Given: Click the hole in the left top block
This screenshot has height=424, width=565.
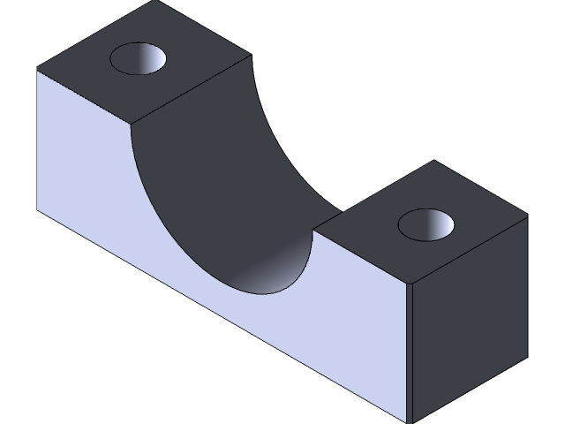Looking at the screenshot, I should (139, 59).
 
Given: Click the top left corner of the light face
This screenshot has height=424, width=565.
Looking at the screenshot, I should (37, 71).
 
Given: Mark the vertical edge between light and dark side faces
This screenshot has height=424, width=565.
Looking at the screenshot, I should (410, 353).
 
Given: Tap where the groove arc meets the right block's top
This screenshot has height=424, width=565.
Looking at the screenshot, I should (314, 231).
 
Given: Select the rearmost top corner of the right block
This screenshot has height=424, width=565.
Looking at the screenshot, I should (433, 161).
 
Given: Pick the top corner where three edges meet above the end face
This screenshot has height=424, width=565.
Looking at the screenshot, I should (410, 284).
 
